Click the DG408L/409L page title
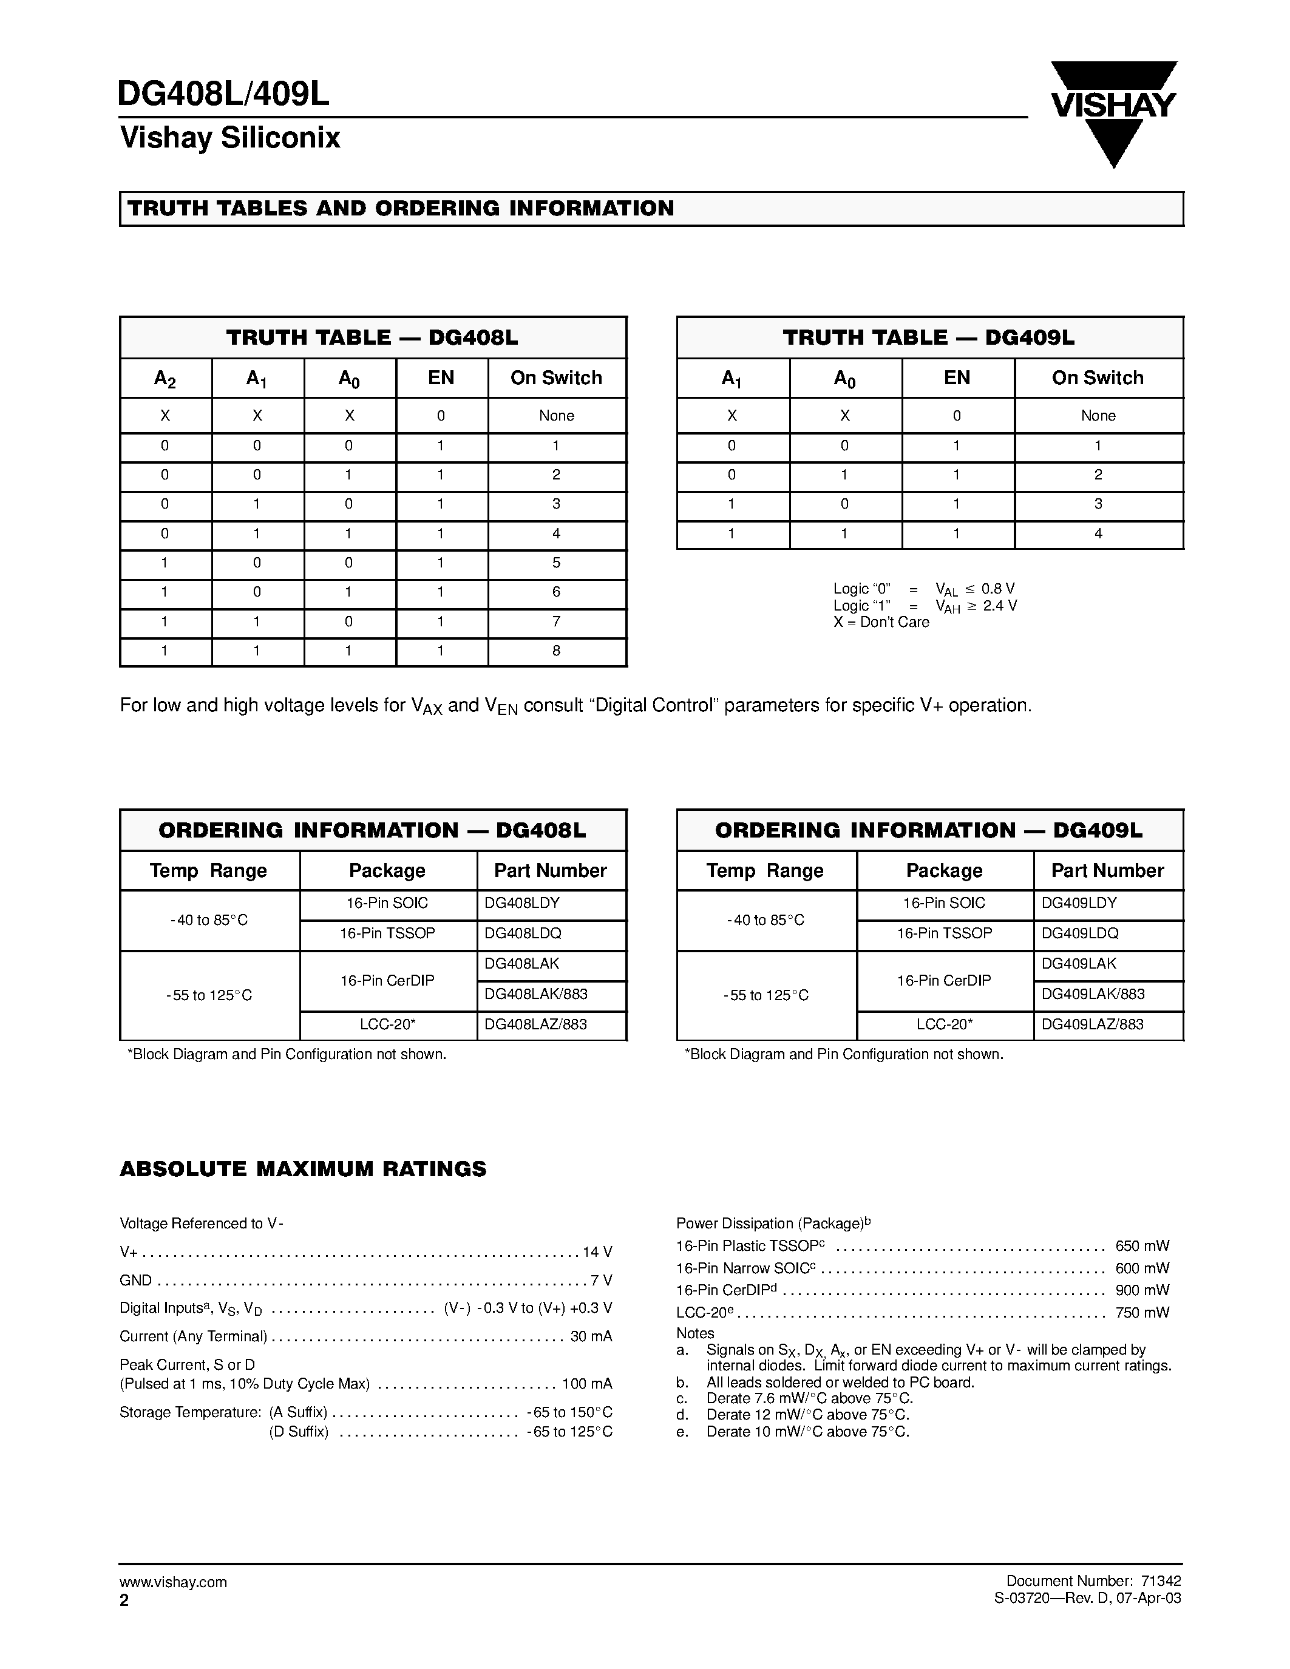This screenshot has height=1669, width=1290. tap(224, 94)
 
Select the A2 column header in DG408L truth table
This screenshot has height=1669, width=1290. tap(165, 378)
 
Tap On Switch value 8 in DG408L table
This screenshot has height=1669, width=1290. tap(556, 651)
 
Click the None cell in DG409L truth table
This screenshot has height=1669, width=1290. tap(1098, 416)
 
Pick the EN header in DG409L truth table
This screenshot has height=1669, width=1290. tap(957, 377)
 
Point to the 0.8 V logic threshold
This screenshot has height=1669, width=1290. tap(998, 589)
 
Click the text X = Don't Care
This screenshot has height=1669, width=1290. tap(881, 622)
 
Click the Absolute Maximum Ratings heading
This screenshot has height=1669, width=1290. tap(303, 1170)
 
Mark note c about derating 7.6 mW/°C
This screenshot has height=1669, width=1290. tap(809, 1398)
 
